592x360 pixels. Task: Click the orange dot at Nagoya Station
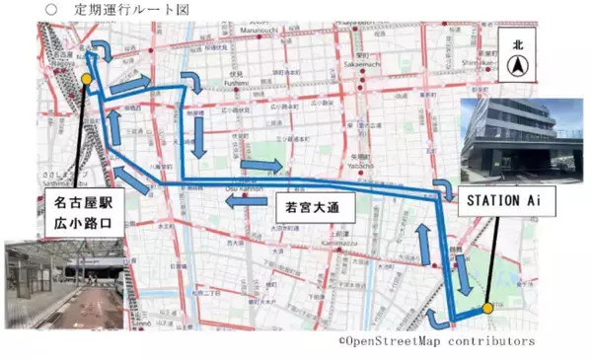click(87, 78)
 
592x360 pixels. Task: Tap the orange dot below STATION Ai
click(486, 309)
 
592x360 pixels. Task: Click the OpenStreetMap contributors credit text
click(437, 341)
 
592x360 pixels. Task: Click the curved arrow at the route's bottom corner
click(434, 315)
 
